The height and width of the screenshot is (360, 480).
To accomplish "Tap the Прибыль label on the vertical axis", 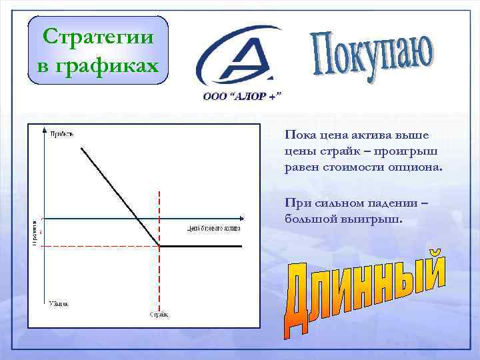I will [x=62, y=135].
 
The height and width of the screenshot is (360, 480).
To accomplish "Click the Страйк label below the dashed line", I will [x=159, y=314].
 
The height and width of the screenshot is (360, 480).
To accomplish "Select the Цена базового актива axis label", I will [x=213, y=228].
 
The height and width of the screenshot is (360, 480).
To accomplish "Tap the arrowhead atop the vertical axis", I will [x=44, y=129].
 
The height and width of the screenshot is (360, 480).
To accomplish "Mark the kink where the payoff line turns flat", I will [x=160, y=246].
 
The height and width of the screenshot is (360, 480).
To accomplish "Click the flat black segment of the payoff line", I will [x=200, y=246].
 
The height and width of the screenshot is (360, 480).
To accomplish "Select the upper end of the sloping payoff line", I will [x=81, y=147].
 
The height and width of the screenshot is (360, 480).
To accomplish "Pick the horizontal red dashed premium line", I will [x=100, y=247].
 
